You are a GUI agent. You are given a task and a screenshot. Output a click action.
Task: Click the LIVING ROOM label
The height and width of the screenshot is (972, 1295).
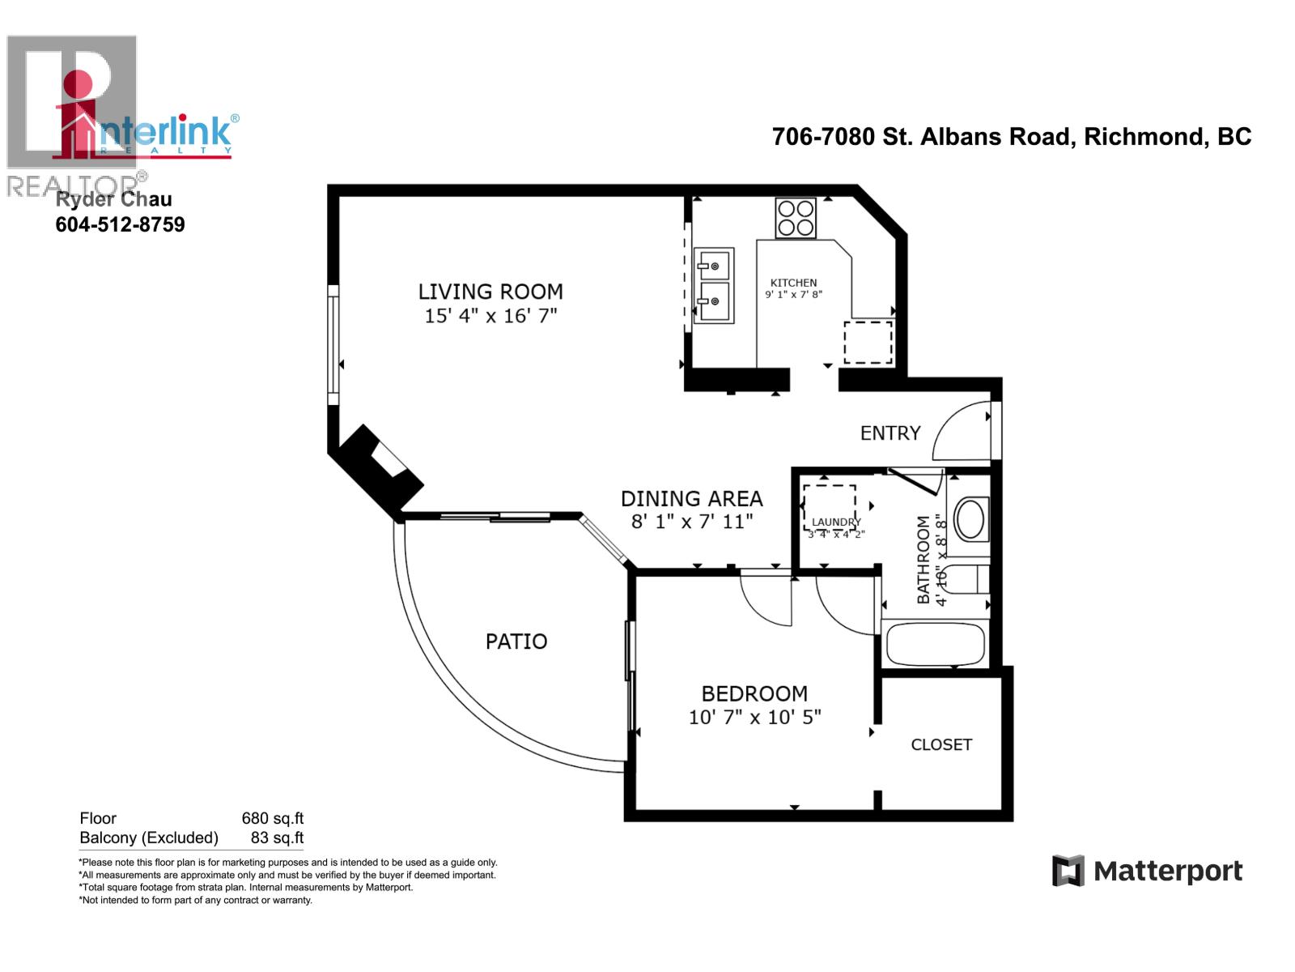[490, 292]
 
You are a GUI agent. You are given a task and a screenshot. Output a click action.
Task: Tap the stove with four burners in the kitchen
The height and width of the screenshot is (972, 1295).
[796, 217]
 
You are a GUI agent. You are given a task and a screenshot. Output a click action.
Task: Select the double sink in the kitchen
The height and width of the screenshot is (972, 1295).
[714, 285]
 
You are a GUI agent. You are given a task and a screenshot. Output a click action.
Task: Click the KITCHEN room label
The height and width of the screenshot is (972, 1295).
[793, 283]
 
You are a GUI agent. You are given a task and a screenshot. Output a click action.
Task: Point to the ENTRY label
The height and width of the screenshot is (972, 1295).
[890, 433]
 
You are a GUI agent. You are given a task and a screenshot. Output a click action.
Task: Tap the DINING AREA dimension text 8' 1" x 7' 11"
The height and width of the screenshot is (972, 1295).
[692, 522]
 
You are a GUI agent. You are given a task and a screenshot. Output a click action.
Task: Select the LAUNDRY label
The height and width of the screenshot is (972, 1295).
[836, 522]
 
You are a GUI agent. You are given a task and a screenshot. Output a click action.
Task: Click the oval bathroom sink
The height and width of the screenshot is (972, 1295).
[970, 518]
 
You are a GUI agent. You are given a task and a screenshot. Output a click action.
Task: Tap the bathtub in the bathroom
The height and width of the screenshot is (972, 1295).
[935, 644]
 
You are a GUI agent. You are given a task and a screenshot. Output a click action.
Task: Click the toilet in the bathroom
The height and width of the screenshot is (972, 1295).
[967, 580]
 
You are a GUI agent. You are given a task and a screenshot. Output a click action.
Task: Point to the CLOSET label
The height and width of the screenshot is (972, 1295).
[941, 744]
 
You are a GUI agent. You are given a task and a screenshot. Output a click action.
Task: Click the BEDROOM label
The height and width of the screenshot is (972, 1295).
[754, 693]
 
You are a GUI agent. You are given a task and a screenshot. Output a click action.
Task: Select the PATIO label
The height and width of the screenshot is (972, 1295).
[516, 642]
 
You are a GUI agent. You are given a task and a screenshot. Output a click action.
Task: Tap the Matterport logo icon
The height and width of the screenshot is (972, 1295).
[1068, 871]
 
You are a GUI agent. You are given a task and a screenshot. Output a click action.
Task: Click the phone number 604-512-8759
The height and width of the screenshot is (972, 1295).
[120, 224]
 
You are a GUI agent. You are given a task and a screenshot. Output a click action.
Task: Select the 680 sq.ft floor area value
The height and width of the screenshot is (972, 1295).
[272, 818]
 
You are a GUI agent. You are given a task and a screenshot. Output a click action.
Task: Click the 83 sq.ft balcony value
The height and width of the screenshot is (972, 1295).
[277, 838]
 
